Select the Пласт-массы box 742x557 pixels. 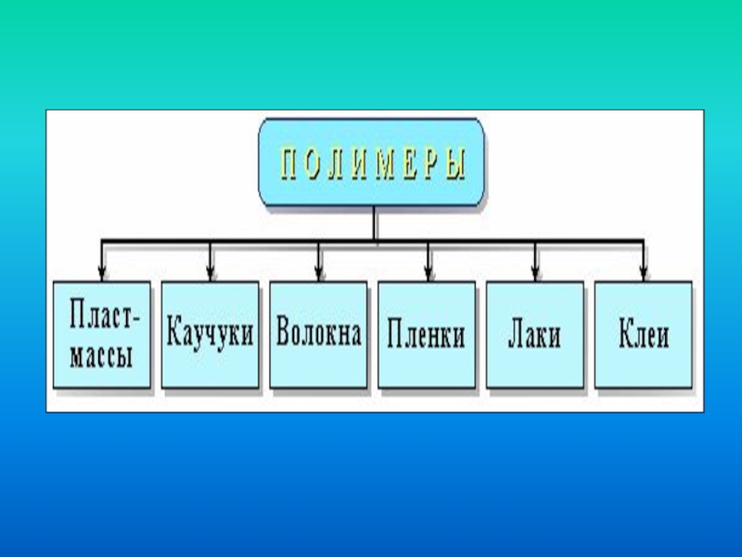(102, 334)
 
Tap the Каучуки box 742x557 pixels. (211, 334)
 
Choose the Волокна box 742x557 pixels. (318, 334)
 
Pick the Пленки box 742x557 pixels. (427, 334)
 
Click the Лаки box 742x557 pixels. (534, 334)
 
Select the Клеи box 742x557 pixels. (643, 334)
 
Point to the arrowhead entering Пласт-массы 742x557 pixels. (102, 273)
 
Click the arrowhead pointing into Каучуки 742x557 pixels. (211, 273)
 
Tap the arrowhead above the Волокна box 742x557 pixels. (319, 273)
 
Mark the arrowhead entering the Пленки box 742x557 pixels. (428, 273)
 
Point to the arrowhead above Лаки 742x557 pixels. (535, 273)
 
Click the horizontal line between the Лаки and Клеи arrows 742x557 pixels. (589, 242)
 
